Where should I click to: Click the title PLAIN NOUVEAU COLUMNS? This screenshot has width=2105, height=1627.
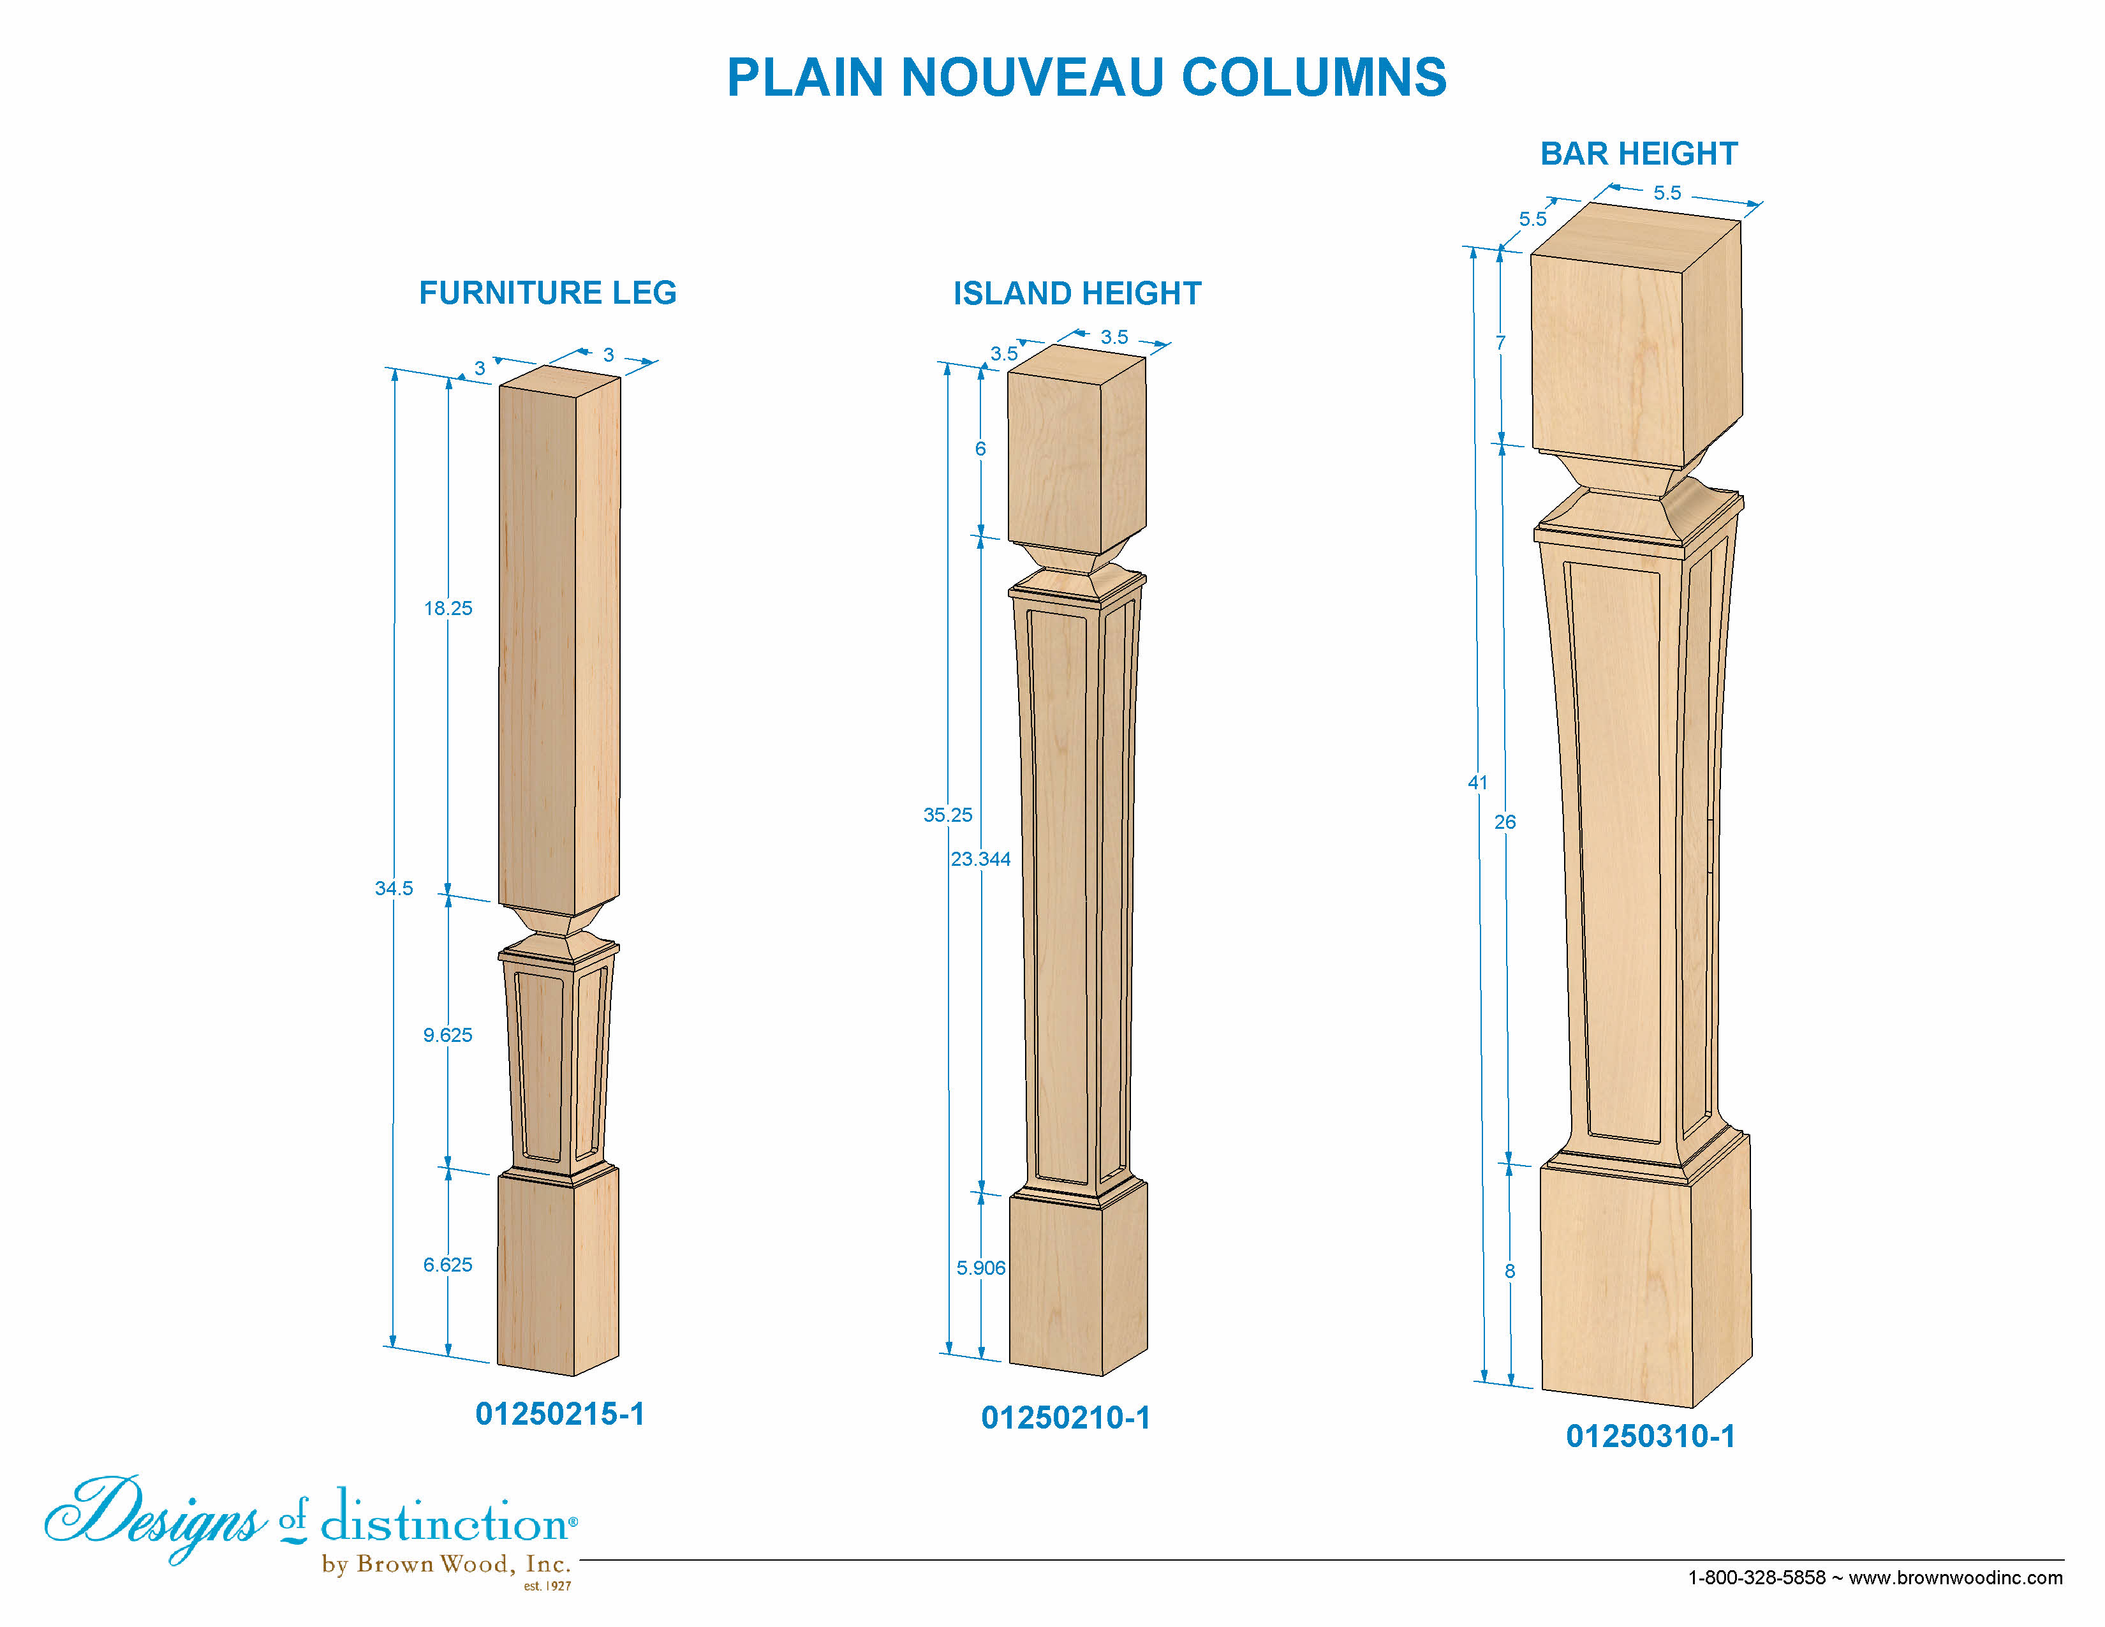[1086, 77]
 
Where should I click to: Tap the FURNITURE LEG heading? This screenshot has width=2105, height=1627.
[547, 292]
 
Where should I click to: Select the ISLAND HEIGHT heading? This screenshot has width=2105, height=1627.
[1077, 293]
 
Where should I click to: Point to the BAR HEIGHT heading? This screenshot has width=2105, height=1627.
[1639, 153]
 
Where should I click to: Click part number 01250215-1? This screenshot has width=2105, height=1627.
[560, 1414]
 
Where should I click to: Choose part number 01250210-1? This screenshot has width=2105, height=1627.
[1066, 1418]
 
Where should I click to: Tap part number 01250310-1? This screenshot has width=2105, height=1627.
[1651, 1436]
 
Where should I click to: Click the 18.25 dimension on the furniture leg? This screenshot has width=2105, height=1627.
[448, 608]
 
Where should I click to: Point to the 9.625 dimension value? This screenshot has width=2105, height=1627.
[448, 1035]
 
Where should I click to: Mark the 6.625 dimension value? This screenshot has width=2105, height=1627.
[448, 1265]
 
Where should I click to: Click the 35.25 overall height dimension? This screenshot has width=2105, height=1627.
[949, 815]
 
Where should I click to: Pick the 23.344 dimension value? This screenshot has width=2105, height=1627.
[981, 859]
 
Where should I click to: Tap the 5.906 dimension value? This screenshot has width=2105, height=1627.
[981, 1268]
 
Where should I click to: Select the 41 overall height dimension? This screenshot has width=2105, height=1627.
[1477, 783]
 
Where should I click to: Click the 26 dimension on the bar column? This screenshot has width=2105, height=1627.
[1505, 822]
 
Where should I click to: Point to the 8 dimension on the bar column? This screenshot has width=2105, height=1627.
[1510, 1272]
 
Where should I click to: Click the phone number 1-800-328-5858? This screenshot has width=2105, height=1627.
[1757, 1578]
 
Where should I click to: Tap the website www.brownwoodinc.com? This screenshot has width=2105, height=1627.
[1956, 1578]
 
